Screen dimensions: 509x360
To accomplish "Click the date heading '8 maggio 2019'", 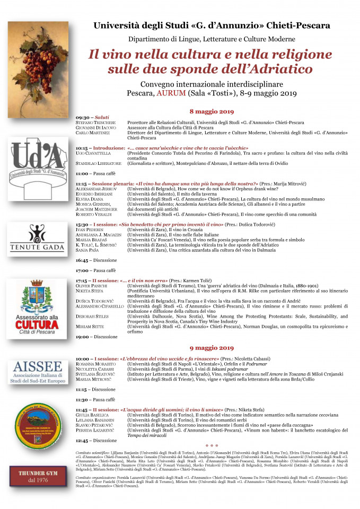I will pos(212,111).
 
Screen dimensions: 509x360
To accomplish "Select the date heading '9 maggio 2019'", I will pos(212,348).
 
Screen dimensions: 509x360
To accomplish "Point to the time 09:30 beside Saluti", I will pos(82,118).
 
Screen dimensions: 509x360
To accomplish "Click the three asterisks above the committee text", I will pos(212,446).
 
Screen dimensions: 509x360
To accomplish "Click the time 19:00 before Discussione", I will pos(82,337).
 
